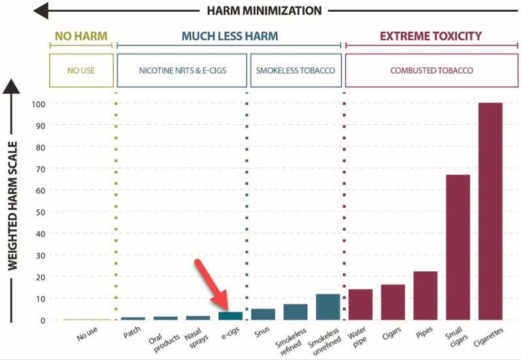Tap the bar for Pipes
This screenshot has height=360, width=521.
pyautogui.click(x=425, y=295)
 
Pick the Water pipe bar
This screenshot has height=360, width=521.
pyautogui.click(x=360, y=304)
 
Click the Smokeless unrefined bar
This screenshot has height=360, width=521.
pyautogui.click(x=328, y=307)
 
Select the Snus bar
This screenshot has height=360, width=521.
pyautogui.click(x=263, y=314)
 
